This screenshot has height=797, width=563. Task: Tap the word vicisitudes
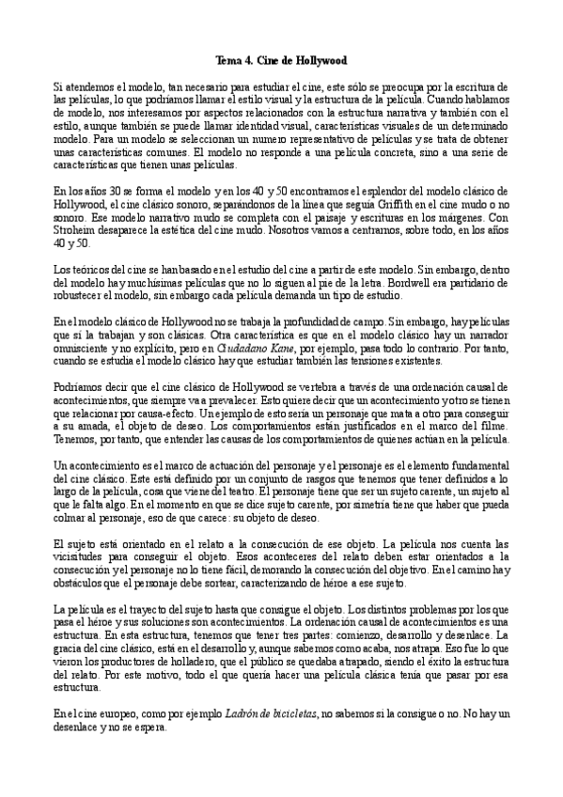coord(82,556)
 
